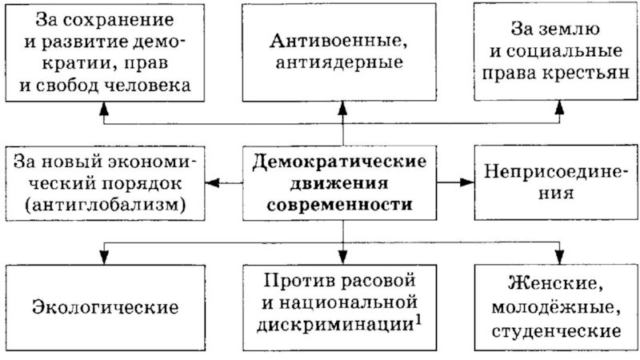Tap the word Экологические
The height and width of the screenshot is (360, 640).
(106, 306)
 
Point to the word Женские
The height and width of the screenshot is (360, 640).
(554, 284)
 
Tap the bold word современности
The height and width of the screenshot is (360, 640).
(339, 204)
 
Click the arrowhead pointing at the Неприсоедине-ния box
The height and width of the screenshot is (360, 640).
(466, 182)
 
